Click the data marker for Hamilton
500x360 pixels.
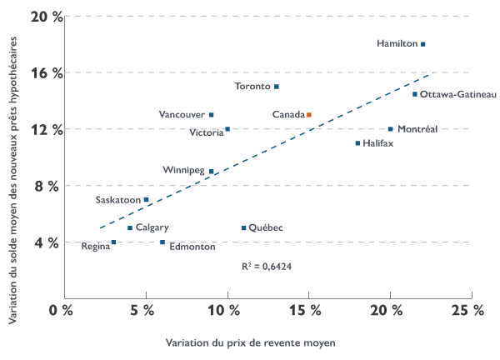(x=423, y=44)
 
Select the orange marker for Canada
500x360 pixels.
(x=309, y=115)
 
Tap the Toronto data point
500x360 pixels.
(x=277, y=87)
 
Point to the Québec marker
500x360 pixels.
(x=244, y=228)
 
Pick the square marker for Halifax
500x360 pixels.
(x=357, y=143)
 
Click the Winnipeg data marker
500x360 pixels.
(x=212, y=172)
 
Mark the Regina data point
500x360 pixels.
(x=114, y=242)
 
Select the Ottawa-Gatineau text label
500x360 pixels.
(x=458, y=95)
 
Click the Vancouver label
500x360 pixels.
(x=182, y=115)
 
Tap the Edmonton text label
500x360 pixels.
(x=192, y=247)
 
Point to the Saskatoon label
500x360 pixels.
(x=117, y=200)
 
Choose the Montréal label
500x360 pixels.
(x=417, y=129)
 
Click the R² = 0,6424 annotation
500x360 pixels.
(x=267, y=267)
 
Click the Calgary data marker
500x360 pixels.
(x=130, y=228)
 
